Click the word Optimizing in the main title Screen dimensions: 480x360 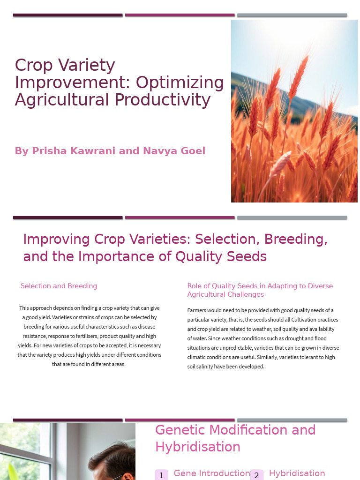180,83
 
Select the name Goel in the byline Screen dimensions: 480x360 193,151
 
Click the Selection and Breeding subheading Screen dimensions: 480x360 59,286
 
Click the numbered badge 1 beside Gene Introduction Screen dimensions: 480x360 161,475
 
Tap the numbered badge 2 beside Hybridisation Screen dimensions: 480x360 256,475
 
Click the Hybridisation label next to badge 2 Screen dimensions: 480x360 297,473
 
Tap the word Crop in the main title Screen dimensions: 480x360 34,65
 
